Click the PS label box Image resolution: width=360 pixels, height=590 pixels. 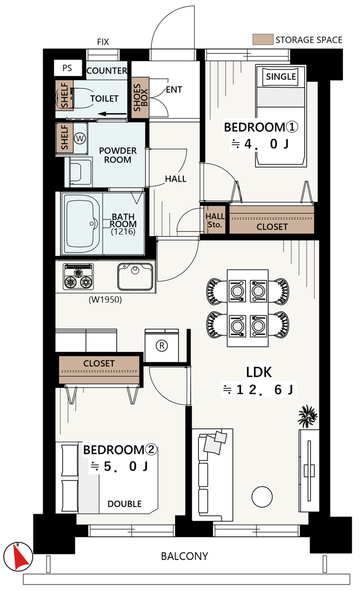[67, 68]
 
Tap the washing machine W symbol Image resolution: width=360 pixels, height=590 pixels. [80, 138]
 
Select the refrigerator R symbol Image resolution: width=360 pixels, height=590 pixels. [162, 345]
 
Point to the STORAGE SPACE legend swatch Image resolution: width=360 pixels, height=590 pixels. [263, 39]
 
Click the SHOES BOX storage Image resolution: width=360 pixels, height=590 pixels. [140, 97]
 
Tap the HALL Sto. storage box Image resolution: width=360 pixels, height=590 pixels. [215, 220]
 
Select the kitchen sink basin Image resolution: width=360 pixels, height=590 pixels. [135, 277]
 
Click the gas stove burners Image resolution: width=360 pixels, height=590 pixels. [78, 277]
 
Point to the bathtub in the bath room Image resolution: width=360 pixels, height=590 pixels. [82, 223]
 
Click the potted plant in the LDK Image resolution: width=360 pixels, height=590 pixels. [307, 416]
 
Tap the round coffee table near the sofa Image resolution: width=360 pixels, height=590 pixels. [262, 497]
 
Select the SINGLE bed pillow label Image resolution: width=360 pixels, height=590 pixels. [281, 76]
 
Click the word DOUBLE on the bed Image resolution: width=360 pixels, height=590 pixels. [125, 504]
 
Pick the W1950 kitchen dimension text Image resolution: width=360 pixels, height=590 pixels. [105, 299]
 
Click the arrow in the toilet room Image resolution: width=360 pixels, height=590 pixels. [112, 114]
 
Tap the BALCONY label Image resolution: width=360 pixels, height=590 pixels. [184, 556]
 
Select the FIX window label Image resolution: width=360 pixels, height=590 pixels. [103, 42]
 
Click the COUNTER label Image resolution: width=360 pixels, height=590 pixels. [107, 71]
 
